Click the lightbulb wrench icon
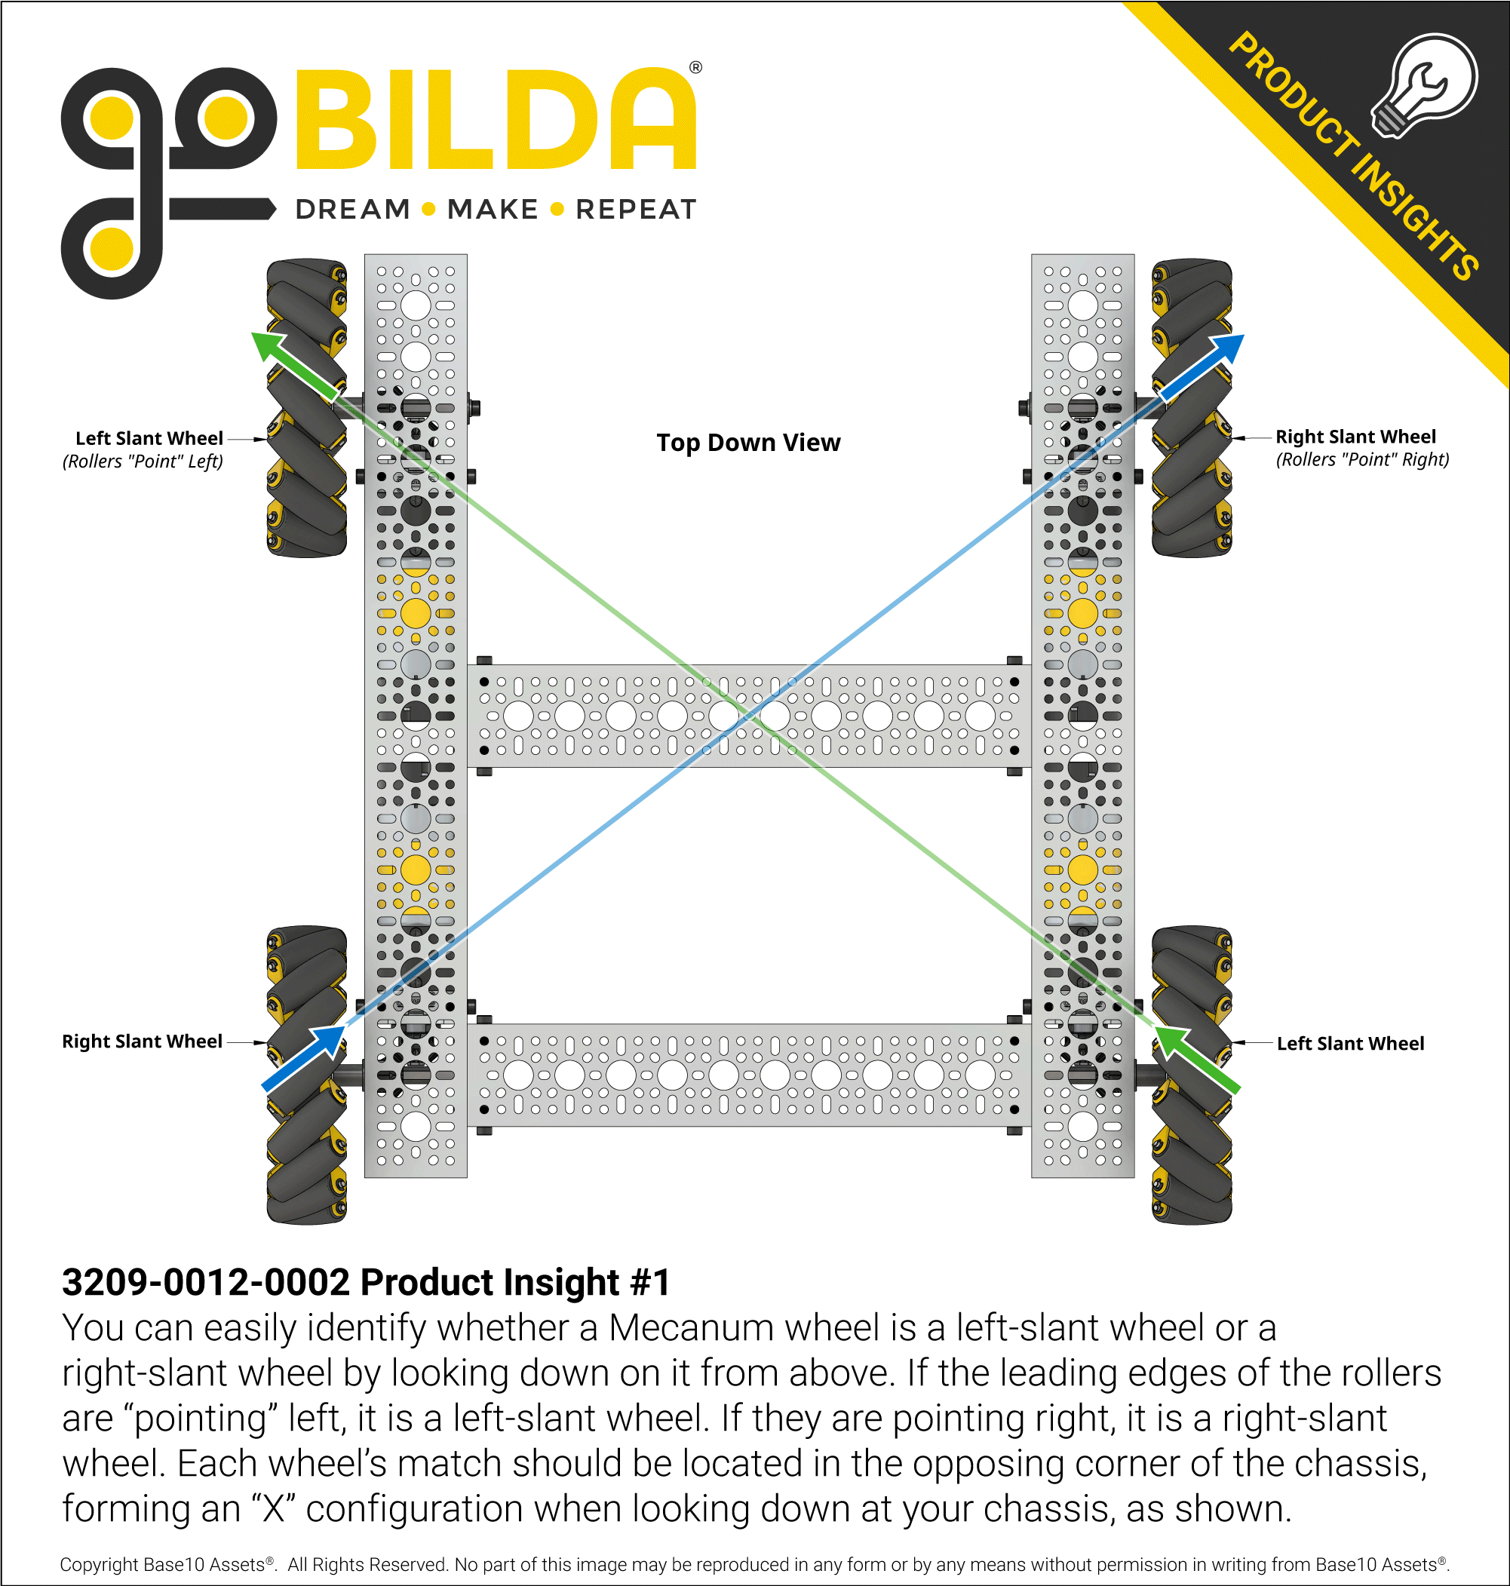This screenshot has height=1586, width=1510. tap(1426, 84)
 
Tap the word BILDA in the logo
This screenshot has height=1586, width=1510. tap(496, 119)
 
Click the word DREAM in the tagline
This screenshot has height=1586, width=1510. tap(352, 209)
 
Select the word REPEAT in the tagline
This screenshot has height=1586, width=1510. tap(636, 209)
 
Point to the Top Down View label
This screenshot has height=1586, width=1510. tap(747, 442)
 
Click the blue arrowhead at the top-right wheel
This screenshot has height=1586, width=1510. tap(1226, 349)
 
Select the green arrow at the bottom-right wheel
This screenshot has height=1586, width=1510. tap(1195, 1057)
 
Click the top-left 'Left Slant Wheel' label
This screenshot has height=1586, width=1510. tap(149, 438)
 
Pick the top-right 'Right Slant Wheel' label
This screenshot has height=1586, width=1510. tap(1355, 437)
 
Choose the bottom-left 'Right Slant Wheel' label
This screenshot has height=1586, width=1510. tap(142, 1041)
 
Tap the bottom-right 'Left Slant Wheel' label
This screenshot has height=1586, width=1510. tap(1350, 1044)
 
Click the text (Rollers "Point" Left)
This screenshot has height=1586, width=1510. tap(143, 461)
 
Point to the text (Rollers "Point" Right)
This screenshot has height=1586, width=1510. tap(1362, 459)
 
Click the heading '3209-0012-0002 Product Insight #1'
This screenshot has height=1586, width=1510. tap(367, 1282)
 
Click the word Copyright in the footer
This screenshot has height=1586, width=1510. tap(99, 1564)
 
